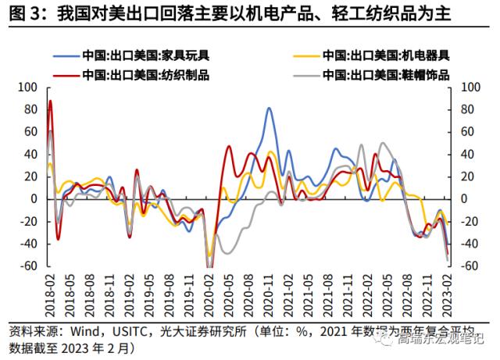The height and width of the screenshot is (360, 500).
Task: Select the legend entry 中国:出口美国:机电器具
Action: click(x=383, y=55)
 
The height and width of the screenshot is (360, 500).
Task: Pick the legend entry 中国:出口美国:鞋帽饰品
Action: click(x=383, y=75)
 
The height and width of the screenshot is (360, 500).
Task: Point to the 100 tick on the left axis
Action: click(x=27, y=87)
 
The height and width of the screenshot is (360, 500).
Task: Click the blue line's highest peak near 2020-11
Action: click(x=269, y=109)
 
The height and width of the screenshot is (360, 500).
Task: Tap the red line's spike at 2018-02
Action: click(x=51, y=101)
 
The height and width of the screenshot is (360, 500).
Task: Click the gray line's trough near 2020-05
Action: click(x=227, y=252)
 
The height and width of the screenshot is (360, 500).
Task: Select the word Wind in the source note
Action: click(x=93, y=330)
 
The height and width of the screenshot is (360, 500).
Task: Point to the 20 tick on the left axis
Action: click(x=30, y=177)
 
